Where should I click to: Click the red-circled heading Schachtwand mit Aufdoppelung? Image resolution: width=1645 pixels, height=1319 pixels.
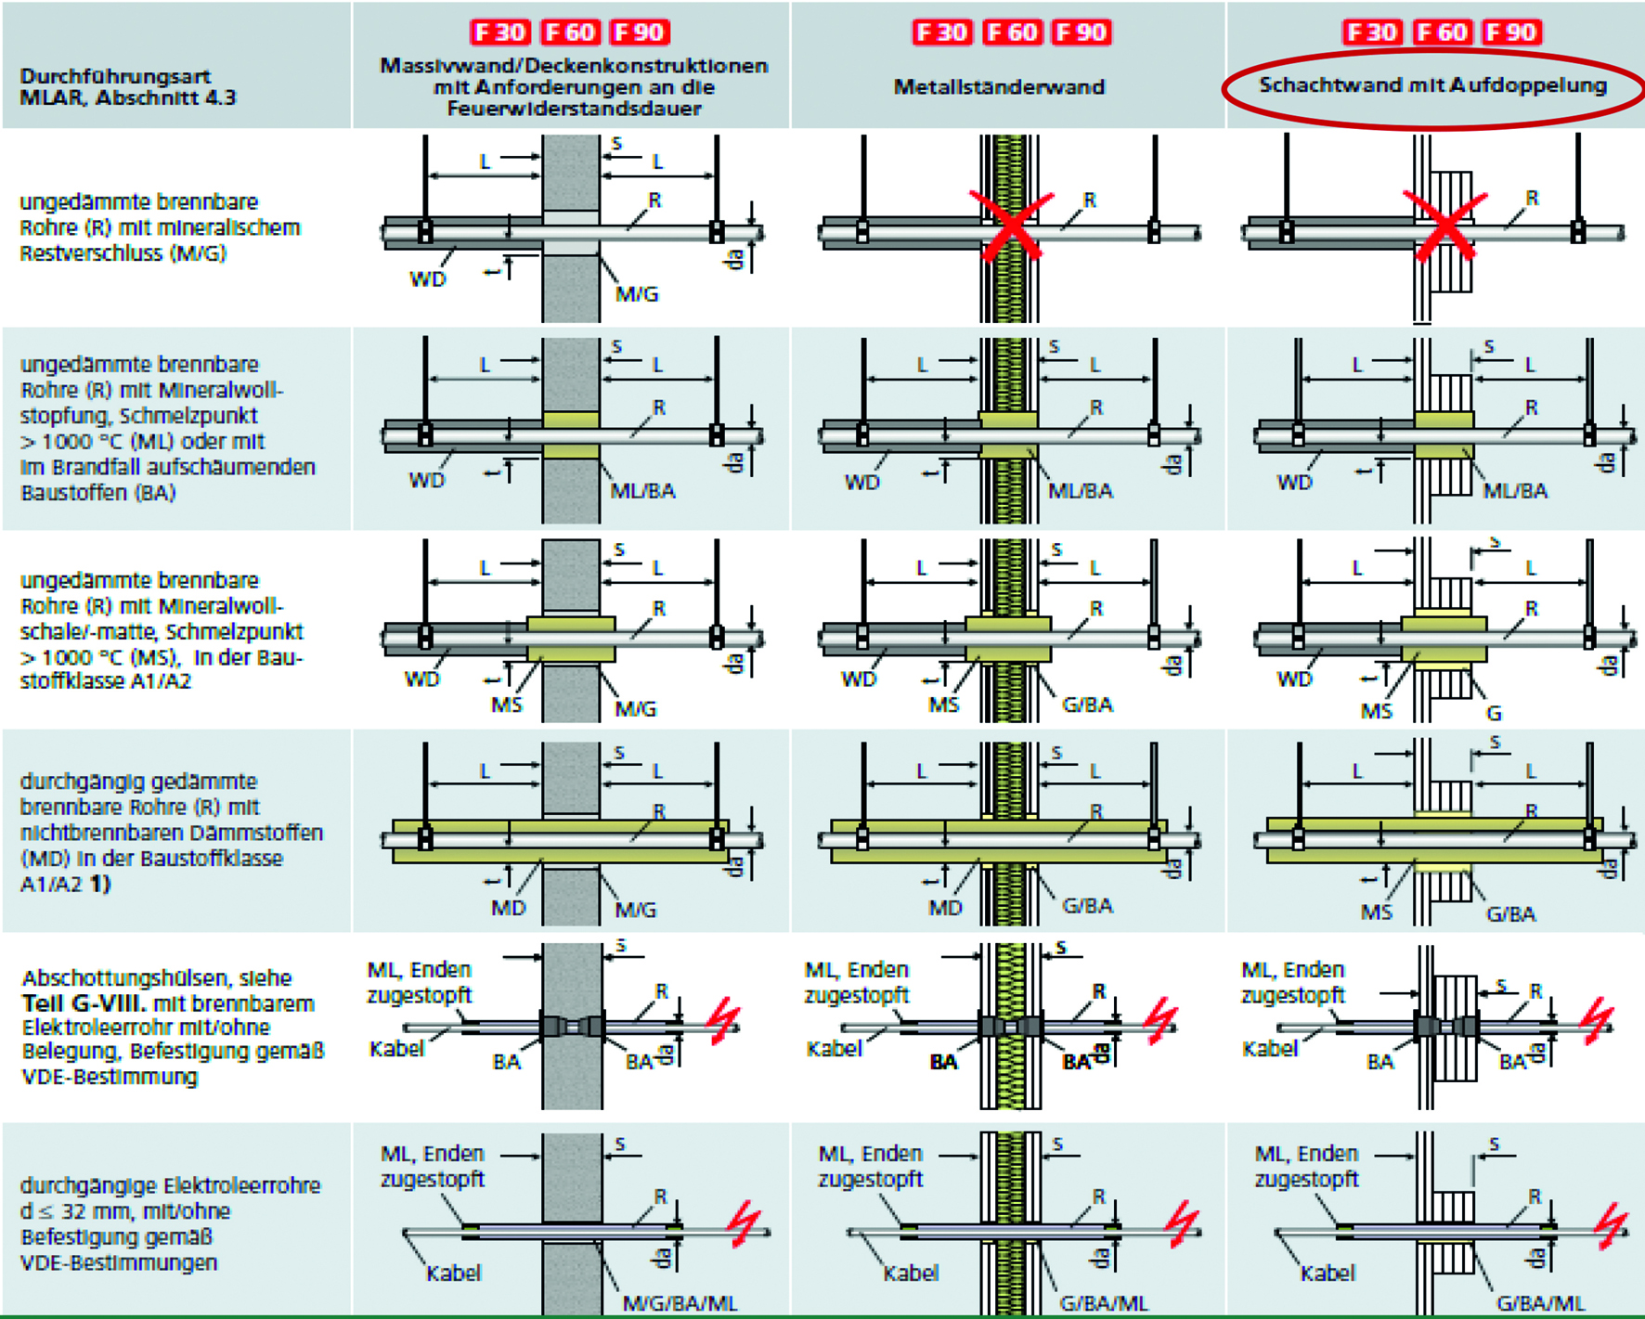point(1431,85)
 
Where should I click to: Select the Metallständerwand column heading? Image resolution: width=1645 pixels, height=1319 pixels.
point(999,87)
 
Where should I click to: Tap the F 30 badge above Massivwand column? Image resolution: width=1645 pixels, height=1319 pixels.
point(499,32)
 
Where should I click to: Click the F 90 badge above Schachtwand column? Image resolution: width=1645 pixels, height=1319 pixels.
point(1511,32)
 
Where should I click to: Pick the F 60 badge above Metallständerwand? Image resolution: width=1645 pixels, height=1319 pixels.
point(1011,32)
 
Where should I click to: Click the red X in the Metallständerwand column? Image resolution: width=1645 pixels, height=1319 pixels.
point(1011,225)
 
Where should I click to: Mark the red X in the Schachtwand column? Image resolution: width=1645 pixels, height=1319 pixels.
point(1444,225)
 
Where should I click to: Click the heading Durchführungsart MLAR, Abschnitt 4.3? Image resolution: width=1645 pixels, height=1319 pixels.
point(128,86)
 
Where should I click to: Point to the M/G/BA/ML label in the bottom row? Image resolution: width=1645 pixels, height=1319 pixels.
point(680,1303)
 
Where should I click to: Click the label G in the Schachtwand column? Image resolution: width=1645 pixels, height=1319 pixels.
point(1494,713)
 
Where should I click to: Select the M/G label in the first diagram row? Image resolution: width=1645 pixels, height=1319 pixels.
point(637,294)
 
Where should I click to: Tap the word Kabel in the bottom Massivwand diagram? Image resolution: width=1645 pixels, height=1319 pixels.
point(453,1273)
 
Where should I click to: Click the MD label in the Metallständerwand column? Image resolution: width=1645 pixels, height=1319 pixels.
point(945,908)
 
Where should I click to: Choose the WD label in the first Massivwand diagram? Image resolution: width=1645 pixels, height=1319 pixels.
point(427,279)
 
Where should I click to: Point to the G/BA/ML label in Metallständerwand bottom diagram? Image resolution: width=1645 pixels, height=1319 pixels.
point(1103,1303)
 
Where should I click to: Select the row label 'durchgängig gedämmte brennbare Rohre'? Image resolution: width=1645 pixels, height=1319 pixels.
point(170,832)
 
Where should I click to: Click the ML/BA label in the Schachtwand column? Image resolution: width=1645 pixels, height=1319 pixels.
point(1515,491)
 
